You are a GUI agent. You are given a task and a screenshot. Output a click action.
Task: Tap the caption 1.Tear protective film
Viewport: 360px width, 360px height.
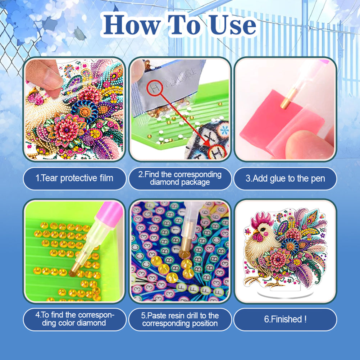click(74, 178)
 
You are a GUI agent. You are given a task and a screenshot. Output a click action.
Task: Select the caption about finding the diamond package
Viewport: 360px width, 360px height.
click(180, 178)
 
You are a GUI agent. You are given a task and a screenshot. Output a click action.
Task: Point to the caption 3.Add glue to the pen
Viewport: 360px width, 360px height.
click(285, 178)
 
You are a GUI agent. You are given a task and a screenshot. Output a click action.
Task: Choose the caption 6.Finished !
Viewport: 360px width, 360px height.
click(285, 319)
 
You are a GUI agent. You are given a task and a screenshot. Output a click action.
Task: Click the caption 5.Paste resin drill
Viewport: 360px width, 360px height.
click(180, 319)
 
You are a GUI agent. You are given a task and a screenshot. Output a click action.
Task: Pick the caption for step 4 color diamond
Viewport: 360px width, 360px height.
click(74, 319)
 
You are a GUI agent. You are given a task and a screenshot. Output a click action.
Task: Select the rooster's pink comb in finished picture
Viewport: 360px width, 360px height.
click(262, 220)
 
